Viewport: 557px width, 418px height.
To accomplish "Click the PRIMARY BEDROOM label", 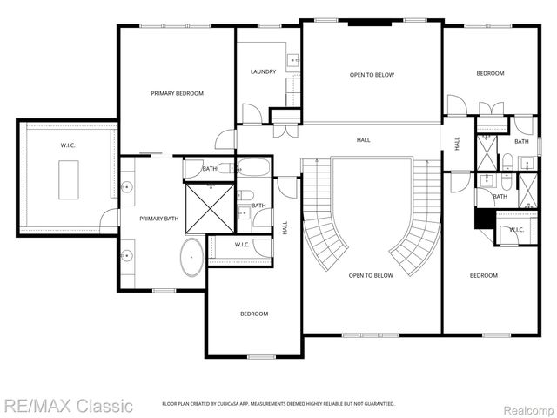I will coord(177,92).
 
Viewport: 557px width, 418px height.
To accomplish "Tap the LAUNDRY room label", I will coord(263,71).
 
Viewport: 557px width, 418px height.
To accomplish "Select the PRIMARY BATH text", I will coord(160,219).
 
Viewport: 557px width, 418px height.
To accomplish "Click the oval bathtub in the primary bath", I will coord(191,260).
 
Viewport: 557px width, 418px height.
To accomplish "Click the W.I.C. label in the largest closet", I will coord(68,145).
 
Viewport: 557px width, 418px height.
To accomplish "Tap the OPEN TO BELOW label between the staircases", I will coord(371,276).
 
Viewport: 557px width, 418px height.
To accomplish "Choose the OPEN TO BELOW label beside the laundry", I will coord(372,75).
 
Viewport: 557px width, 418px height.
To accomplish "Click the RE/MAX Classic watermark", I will coord(67,405).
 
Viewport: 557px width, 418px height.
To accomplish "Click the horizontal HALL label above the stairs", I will coord(363,139).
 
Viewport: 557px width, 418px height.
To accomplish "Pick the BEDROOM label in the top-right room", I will coord(489,73).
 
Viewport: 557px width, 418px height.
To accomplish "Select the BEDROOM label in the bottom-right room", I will coord(483,275).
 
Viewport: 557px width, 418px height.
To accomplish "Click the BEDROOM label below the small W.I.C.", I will coord(253,313).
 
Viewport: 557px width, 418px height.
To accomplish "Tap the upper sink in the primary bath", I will coord(127,186).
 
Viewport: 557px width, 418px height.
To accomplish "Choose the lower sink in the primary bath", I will coord(127,255).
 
